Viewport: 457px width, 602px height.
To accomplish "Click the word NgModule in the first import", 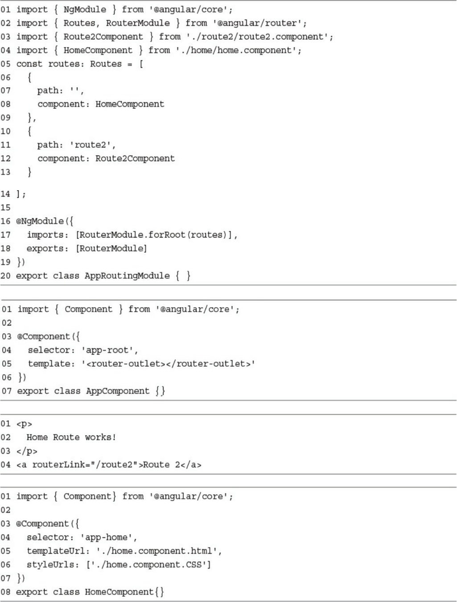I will pos(85,9).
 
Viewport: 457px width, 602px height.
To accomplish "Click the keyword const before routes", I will pos(29,64).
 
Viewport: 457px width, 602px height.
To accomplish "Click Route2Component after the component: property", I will pos(135,158).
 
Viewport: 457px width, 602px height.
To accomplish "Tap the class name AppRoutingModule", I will pos(127,276).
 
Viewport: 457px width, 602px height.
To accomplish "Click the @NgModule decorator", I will pos(40,221).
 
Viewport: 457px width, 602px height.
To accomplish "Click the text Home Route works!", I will pos(71,437).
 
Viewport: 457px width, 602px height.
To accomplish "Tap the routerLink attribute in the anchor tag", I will pos(53,464).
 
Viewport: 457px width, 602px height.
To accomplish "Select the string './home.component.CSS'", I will pos(149,564).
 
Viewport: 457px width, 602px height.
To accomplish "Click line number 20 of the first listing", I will pos(6,276).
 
